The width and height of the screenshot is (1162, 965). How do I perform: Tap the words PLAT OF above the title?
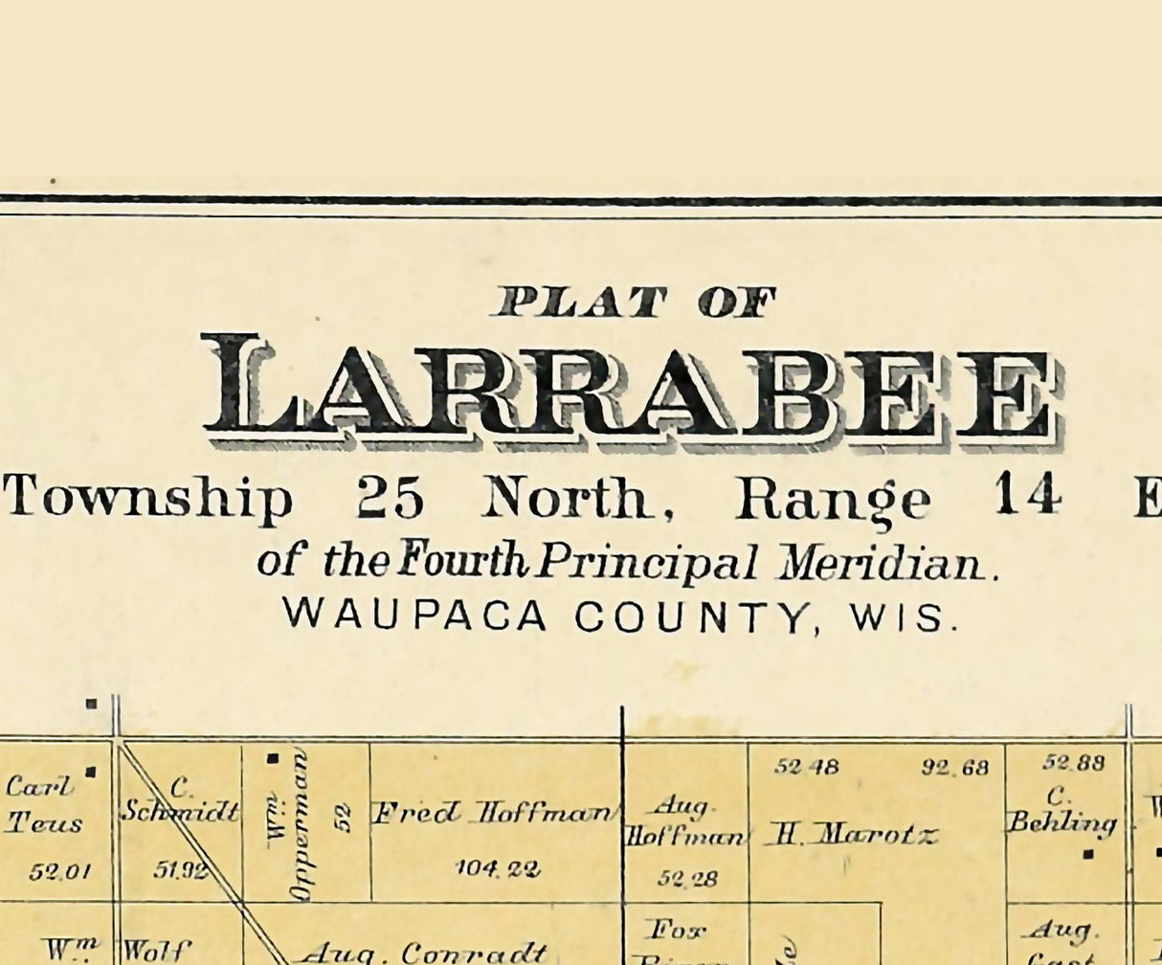click(x=633, y=303)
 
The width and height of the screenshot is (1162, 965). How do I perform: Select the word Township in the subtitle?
click(x=149, y=499)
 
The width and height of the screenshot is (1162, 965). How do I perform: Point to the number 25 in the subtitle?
click(x=390, y=497)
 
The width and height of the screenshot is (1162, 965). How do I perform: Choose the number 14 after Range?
click(x=1028, y=497)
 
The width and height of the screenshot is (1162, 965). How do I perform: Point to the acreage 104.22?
click(x=499, y=869)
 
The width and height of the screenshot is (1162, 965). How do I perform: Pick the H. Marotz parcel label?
click(x=851, y=836)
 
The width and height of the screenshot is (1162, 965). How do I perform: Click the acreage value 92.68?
click(x=955, y=767)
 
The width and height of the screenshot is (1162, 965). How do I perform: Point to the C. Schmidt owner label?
click(x=180, y=801)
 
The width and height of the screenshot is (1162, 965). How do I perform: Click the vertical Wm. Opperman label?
click(x=288, y=825)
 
